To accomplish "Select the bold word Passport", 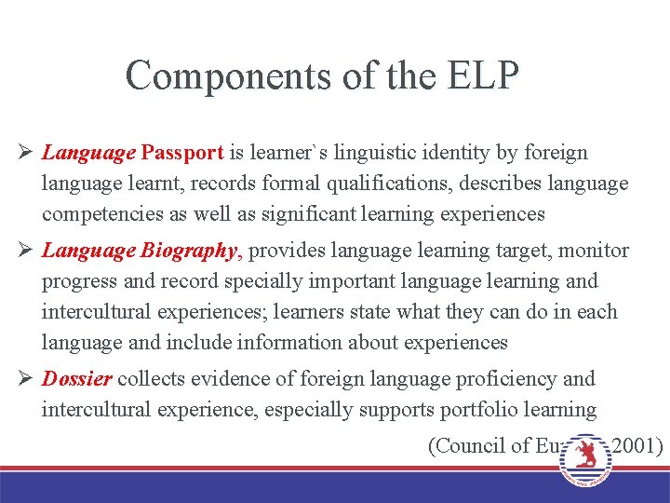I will click(x=183, y=152).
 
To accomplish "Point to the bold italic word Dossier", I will click(x=77, y=379).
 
